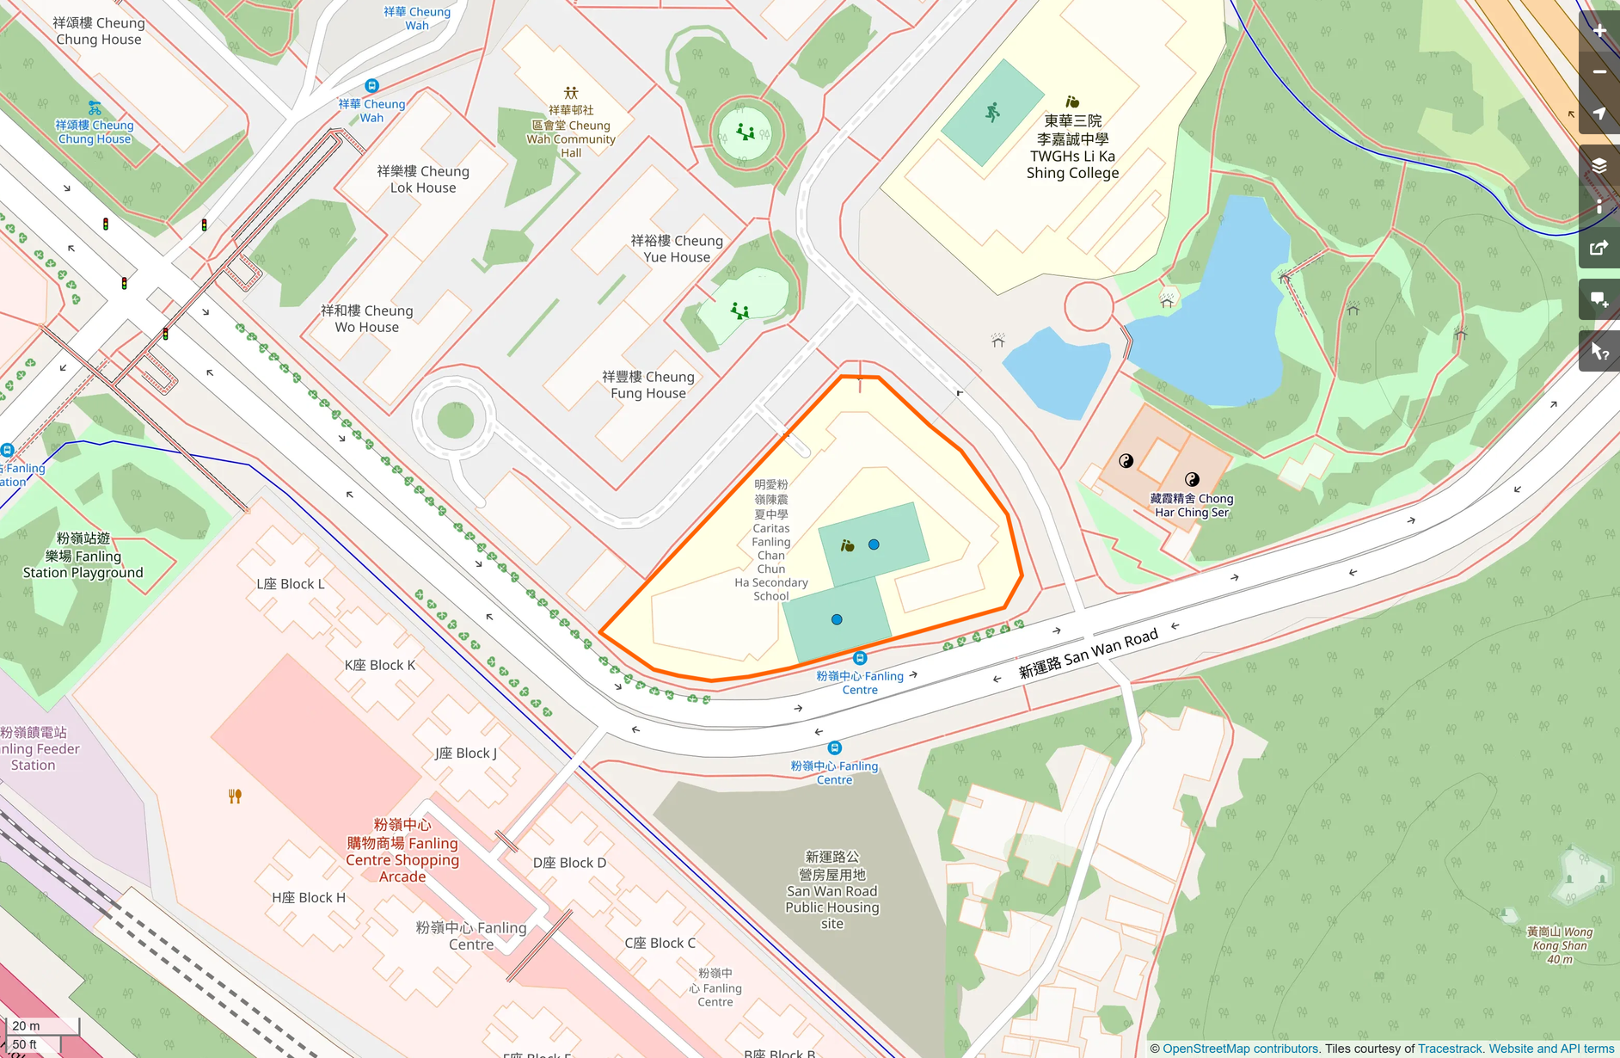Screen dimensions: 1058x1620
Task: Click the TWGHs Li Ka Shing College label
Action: pos(1072,147)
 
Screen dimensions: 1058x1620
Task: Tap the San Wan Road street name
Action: pos(1089,653)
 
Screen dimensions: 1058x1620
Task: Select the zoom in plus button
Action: pos(1599,30)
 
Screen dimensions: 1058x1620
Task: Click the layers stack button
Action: pos(1599,165)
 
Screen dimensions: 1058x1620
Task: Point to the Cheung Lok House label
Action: pos(422,179)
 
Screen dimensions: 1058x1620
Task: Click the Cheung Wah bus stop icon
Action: pos(371,85)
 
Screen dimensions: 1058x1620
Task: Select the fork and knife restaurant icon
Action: pos(235,797)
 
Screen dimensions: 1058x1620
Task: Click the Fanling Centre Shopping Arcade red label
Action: pos(402,851)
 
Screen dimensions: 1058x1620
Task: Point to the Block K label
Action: pos(379,665)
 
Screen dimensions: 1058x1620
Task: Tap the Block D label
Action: pos(569,863)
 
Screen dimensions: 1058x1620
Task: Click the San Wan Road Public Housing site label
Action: pos(831,890)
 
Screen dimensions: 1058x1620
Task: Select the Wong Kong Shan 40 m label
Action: pos(1559,944)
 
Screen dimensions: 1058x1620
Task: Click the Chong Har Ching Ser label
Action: pos(1191,505)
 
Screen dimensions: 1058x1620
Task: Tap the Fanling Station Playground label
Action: pos(83,556)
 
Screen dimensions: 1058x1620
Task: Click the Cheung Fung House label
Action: pos(647,384)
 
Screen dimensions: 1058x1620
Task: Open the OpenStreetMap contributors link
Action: pos(1239,1049)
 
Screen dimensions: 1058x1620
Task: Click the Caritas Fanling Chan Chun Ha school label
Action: pos(770,540)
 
